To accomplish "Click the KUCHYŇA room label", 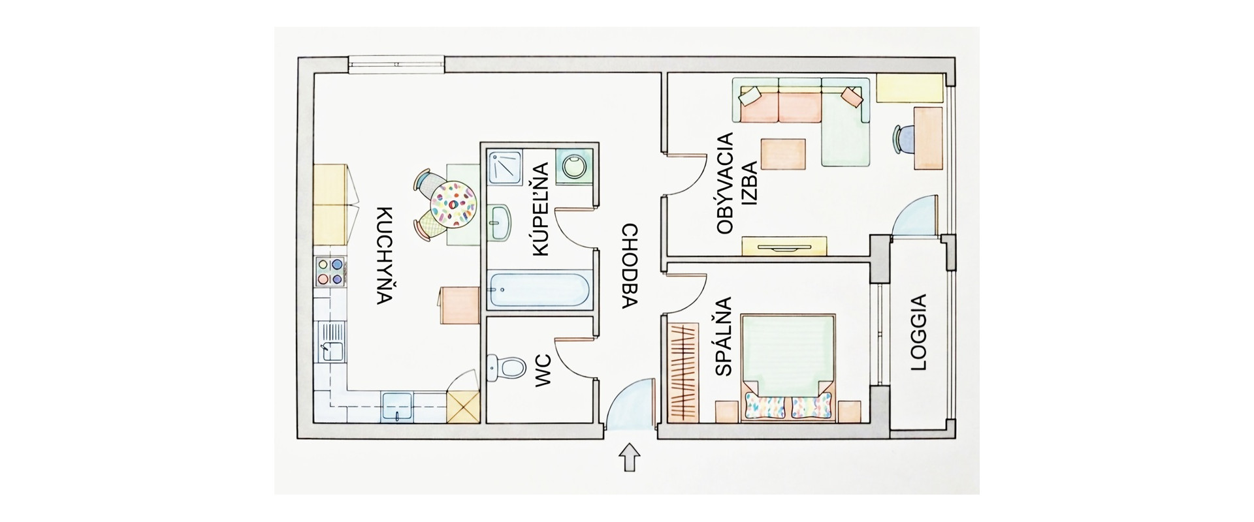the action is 385,256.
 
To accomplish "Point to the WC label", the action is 543,372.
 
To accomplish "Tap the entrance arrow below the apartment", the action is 629,457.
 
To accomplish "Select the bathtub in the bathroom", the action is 541,291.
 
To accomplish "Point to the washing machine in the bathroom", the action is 574,166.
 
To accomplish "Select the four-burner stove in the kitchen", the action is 329,271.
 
